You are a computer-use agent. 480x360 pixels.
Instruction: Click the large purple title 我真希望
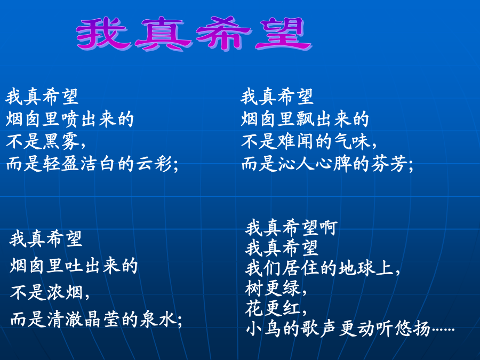pos(194,34)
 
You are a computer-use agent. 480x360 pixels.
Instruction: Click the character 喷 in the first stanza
pos(70,119)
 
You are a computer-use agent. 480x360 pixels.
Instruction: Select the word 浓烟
pos(65,292)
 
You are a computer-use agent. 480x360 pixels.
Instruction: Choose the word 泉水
pos(158,319)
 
